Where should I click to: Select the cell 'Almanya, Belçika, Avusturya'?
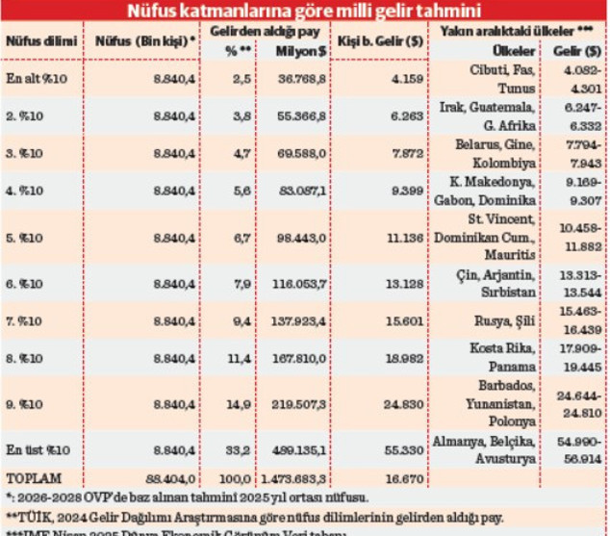pyautogui.click(x=487, y=449)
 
